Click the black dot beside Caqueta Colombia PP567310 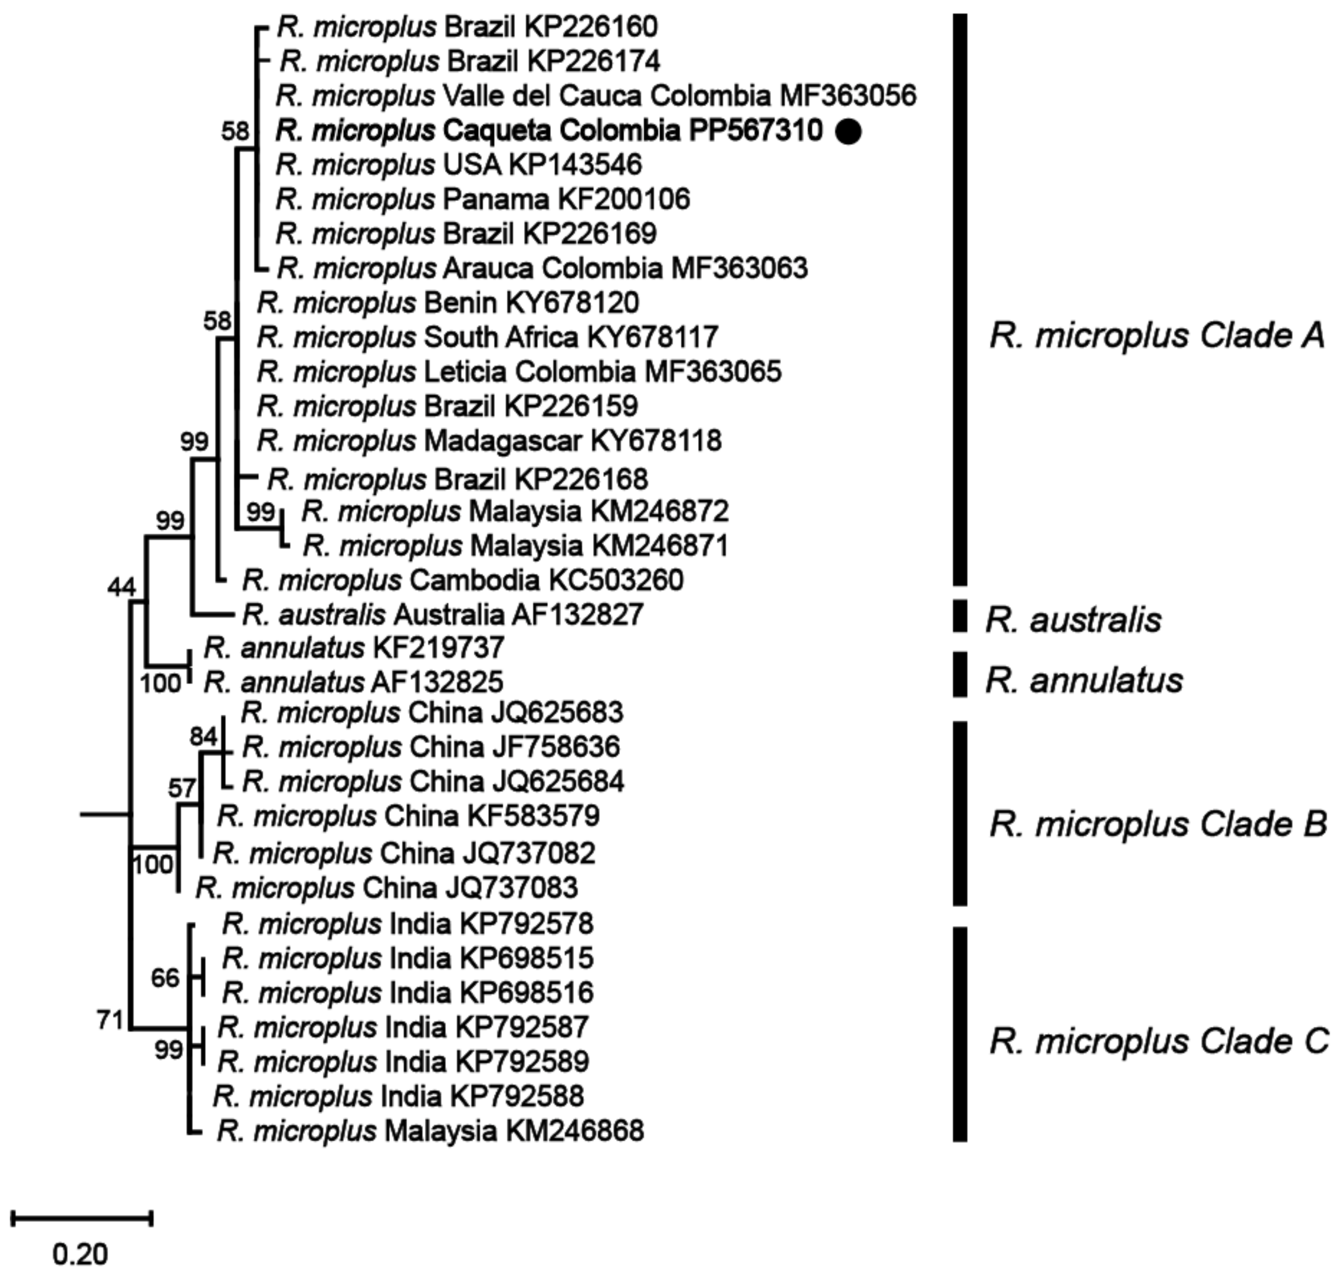(848, 132)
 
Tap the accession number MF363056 (848, 95)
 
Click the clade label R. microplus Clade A (1157, 336)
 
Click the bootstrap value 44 (122, 587)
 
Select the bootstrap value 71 (110, 1020)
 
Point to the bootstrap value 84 (203, 737)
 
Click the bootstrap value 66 (165, 978)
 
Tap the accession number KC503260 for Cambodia (615, 580)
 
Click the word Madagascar (503, 441)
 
